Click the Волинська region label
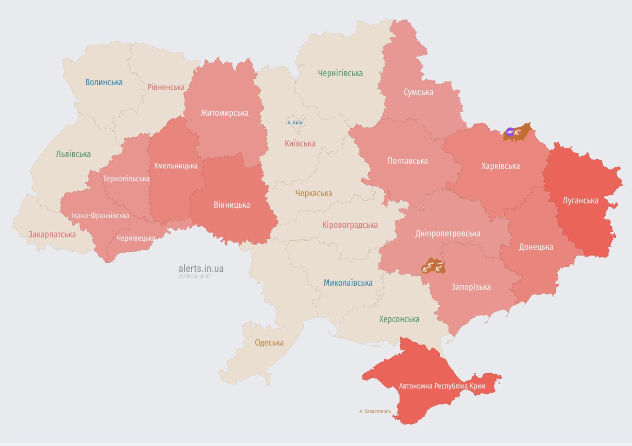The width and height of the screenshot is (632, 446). click(x=103, y=82)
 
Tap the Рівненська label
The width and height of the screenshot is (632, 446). click(x=166, y=87)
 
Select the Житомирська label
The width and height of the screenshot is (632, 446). click(x=224, y=113)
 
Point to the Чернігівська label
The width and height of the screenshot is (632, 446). click(x=340, y=73)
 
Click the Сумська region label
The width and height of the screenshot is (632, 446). click(x=418, y=92)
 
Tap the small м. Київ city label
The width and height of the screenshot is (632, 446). click(x=295, y=123)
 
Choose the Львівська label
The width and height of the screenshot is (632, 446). click(x=73, y=154)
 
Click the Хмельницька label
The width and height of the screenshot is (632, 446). click(x=175, y=166)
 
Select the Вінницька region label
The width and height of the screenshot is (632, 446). click(x=231, y=205)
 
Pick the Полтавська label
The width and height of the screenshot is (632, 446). click(x=407, y=161)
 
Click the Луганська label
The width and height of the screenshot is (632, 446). click(x=580, y=201)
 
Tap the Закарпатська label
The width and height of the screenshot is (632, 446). click(x=52, y=234)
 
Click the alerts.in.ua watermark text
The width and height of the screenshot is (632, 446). click(x=201, y=268)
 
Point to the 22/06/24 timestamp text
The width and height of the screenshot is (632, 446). click(x=195, y=277)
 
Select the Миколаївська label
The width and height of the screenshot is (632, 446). click(x=348, y=283)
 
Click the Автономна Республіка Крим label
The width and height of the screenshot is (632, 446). click(x=442, y=386)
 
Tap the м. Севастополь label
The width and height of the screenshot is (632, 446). click(x=375, y=411)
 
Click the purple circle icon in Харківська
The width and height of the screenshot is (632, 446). click(x=510, y=132)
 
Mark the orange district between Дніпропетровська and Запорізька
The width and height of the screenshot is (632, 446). click(x=434, y=266)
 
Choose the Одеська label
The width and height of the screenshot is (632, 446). click(x=269, y=343)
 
